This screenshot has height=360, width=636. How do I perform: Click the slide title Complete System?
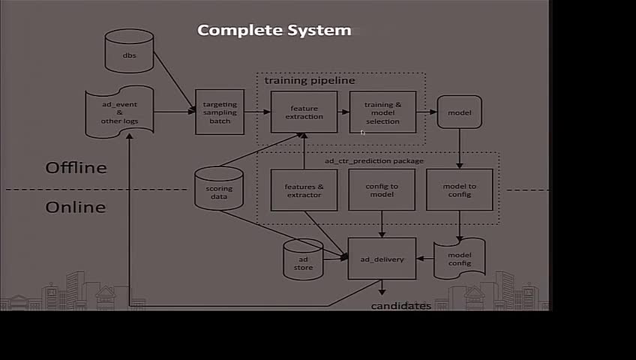pos(274,31)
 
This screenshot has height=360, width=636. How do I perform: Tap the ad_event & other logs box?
pos(119,112)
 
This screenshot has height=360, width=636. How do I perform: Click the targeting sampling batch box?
pos(220,112)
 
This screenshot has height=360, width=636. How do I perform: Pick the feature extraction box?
pos(304,112)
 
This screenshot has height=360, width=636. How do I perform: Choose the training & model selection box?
pos(382,112)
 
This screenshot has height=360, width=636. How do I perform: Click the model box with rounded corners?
pos(459,112)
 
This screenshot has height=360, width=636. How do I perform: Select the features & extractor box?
pos(304,190)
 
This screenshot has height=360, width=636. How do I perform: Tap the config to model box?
pos(382,190)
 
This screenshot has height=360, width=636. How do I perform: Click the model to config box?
pos(460,190)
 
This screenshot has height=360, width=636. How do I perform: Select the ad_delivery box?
pos(382,259)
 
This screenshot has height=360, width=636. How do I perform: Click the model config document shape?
pos(460,259)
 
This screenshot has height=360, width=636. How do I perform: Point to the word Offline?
pos(76,167)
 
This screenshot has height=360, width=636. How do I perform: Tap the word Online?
pos(76,207)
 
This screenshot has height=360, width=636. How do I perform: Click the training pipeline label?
pos(310,80)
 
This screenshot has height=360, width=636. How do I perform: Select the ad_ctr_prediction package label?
pos(373,160)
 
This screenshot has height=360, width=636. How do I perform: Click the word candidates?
pos(401,306)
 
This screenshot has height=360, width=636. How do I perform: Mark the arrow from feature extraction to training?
pos(343,112)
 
